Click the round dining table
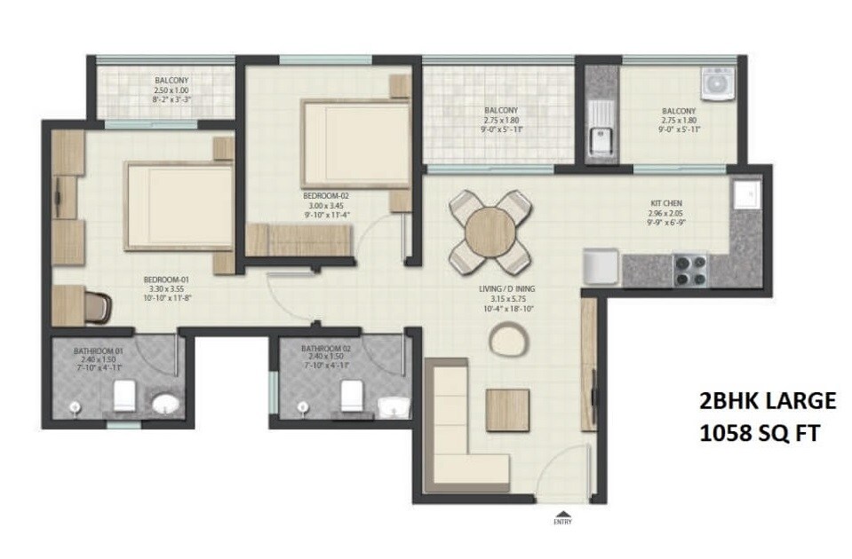pos(490,231)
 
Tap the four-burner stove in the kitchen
pos(689,267)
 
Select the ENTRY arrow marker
pos(562,515)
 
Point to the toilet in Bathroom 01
pos(125,396)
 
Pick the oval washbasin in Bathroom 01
pos(164,405)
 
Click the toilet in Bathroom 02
pos(352,396)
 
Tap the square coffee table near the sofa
pos(507,410)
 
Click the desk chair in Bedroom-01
pos(100,306)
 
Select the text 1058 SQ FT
pos(760,435)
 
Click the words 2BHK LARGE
pos(765,401)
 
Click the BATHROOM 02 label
pos(325,348)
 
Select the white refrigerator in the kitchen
pos(601,267)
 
